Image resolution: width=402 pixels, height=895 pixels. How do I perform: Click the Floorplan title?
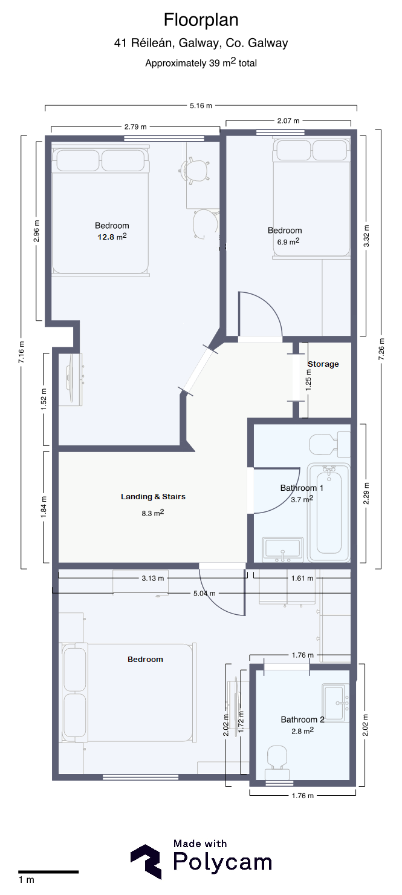[x=201, y=20]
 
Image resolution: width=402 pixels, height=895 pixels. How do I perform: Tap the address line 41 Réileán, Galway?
[x=201, y=43]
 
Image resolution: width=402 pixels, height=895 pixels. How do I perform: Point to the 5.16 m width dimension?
[x=201, y=106]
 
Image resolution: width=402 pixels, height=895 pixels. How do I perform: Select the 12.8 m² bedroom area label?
[x=112, y=237]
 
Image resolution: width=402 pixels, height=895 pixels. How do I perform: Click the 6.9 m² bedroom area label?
[x=288, y=241]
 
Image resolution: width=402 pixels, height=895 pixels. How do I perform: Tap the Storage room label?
[x=323, y=364]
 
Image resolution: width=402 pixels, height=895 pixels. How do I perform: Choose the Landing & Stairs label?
[x=154, y=497]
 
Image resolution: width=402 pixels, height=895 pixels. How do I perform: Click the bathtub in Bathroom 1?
[x=328, y=513]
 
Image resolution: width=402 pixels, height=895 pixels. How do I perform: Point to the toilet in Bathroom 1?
[x=329, y=444]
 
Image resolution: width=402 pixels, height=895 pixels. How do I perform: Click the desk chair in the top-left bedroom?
[x=194, y=171]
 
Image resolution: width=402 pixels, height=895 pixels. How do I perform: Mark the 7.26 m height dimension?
[x=381, y=349]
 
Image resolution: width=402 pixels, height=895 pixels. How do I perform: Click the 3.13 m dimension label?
[x=153, y=578]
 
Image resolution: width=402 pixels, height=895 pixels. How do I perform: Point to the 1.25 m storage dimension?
[x=308, y=380]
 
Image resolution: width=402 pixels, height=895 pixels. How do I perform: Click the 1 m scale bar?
[x=48, y=872]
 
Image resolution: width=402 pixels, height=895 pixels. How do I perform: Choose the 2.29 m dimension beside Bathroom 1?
[x=366, y=493]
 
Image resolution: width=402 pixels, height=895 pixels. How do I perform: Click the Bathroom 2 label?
[x=303, y=720]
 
